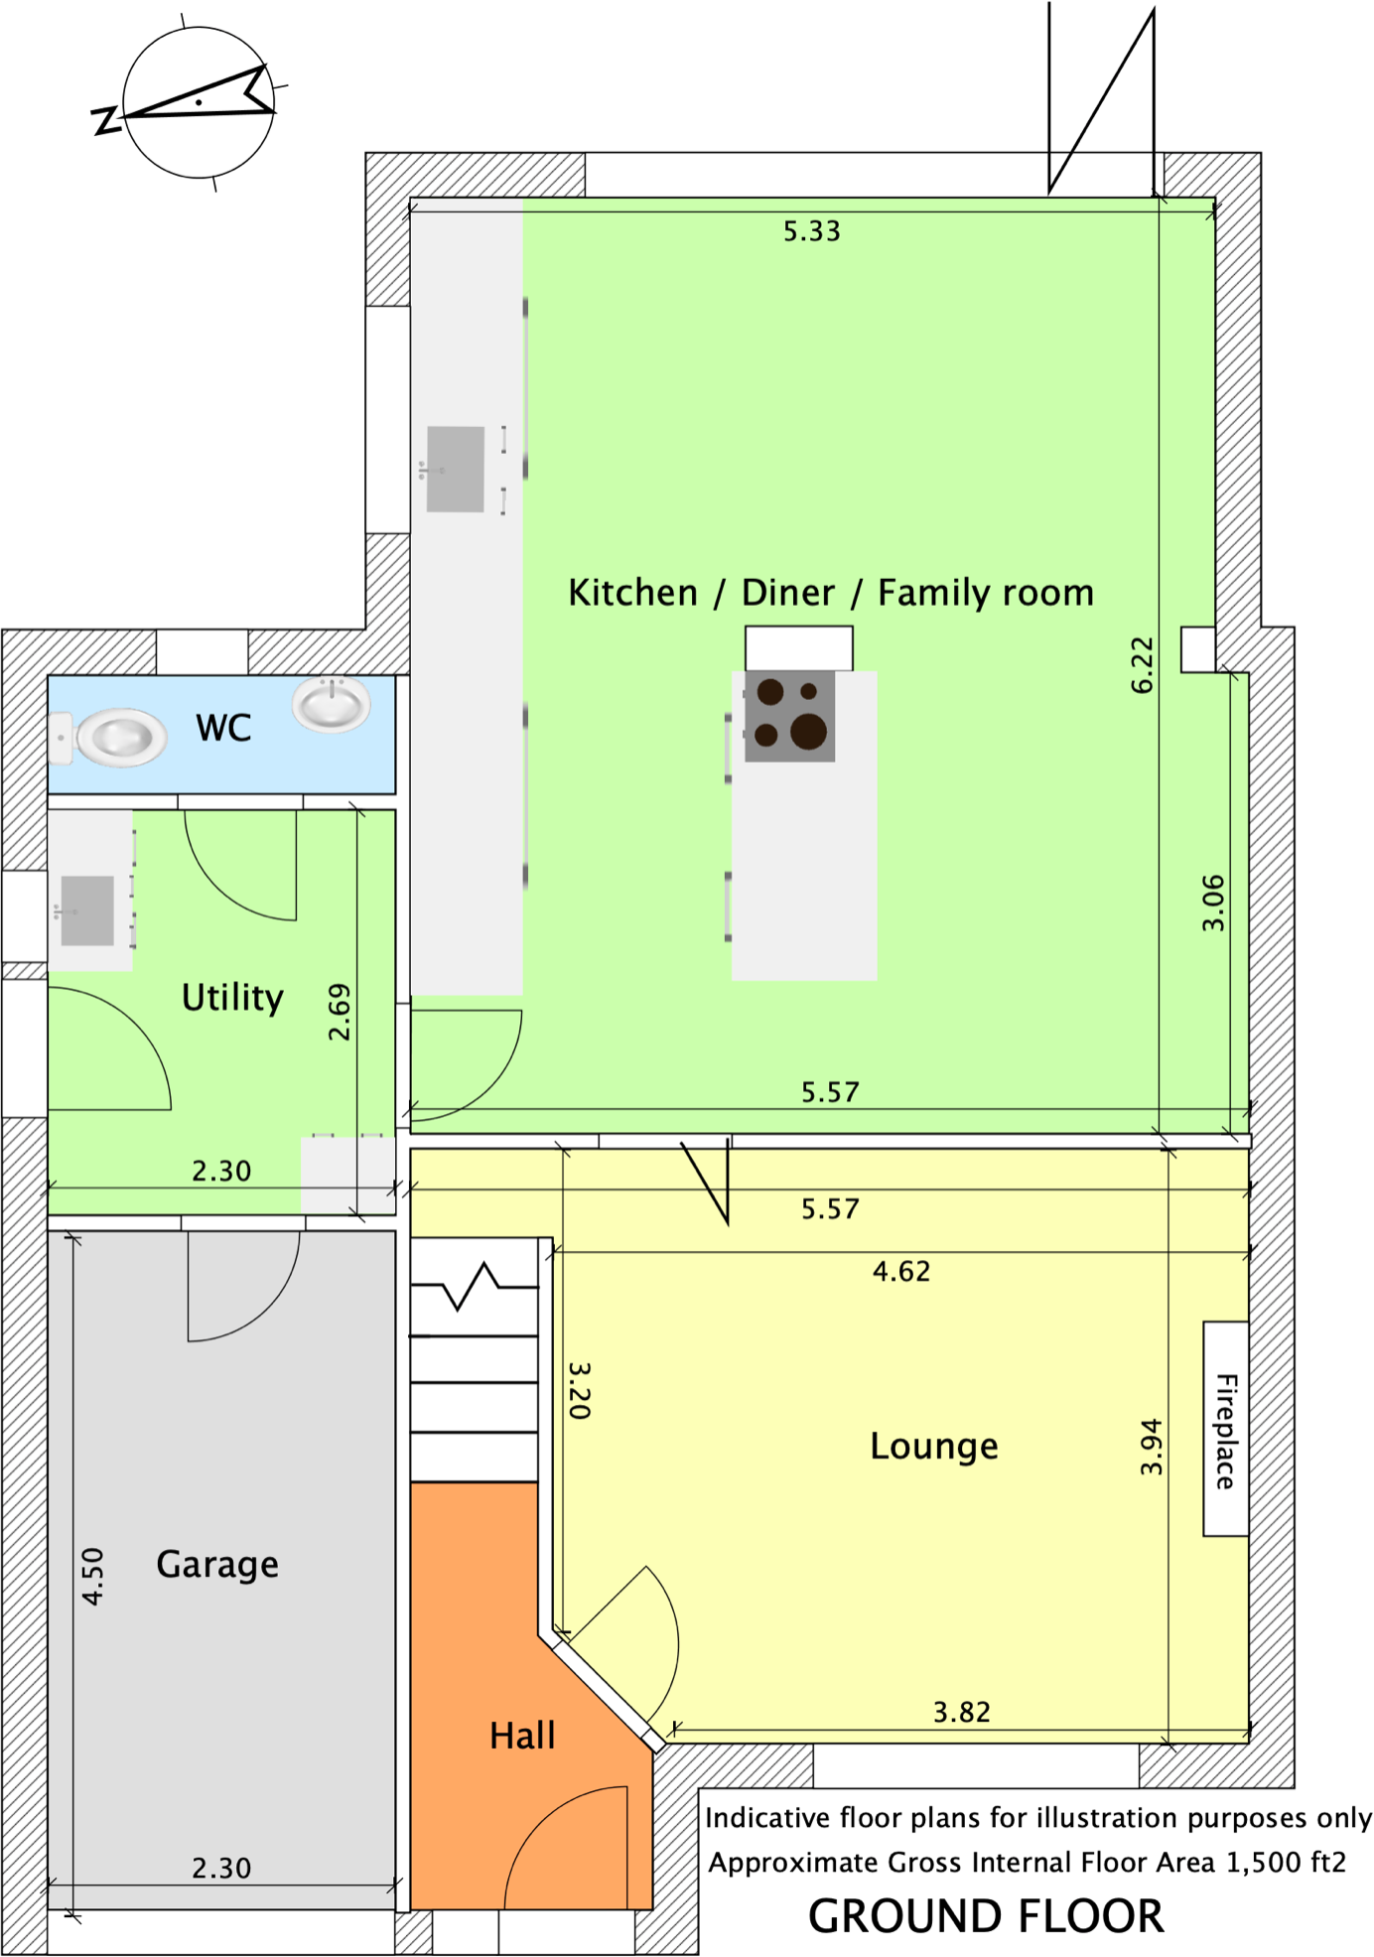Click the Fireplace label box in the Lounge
[x=1225, y=1429]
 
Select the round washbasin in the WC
[x=332, y=704]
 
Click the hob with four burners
[x=789, y=716]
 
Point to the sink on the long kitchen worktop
[x=455, y=470]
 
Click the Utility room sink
[x=86, y=910]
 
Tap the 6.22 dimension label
[x=1143, y=664]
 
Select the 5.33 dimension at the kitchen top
[x=811, y=231]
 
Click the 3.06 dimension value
[x=1213, y=903]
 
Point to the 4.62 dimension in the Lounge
[x=901, y=1272]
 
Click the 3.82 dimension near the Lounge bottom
[x=961, y=1712]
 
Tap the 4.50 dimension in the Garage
[x=92, y=1576]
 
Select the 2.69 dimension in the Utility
[x=340, y=1012]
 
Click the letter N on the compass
[x=104, y=120]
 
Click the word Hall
[x=522, y=1736]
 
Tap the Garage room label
[x=217, y=1565]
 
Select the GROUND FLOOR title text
[x=985, y=1916]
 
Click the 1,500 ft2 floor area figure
[x=1286, y=1863]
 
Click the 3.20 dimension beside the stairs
[x=580, y=1390]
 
